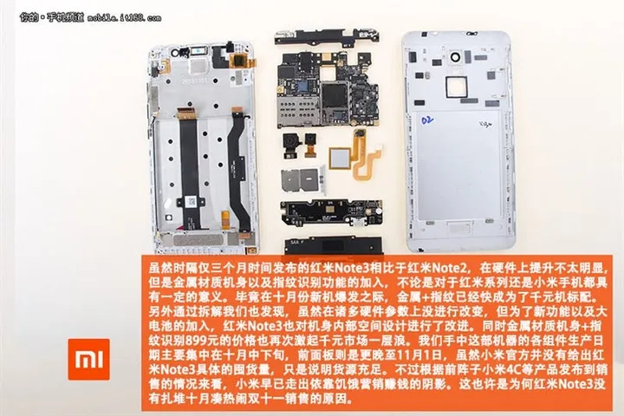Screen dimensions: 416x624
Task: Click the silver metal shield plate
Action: click(x=295, y=180)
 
